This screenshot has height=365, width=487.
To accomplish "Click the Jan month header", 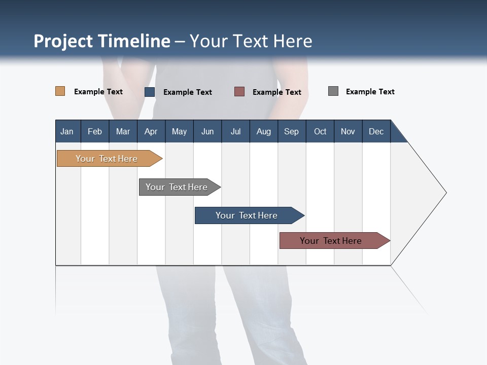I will (x=67, y=131).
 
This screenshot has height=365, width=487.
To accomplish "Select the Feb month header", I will (x=95, y=131).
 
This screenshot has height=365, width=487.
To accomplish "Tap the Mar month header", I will (x=123, y=131).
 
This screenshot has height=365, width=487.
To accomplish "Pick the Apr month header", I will (x=151, y=131).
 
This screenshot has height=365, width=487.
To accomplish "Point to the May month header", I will (x=179, y=131).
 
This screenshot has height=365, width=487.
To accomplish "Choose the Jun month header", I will (x=207, y=131).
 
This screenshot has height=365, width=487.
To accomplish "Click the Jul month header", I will (x=235, y=131).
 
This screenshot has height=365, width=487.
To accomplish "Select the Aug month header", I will (x=264, y=131).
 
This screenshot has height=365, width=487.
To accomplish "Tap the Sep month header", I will (x=292, y=131).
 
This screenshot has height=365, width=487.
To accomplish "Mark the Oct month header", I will (x=320, y=131).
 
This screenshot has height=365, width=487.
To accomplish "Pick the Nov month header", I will (x=348, y=131).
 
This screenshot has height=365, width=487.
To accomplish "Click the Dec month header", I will (x=376, y=131).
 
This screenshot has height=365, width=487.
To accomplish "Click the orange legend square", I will (x=60, y=91).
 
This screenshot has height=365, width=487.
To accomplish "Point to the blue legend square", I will (x=150, y=92).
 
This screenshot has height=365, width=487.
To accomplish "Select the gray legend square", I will (x=333, y=91).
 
